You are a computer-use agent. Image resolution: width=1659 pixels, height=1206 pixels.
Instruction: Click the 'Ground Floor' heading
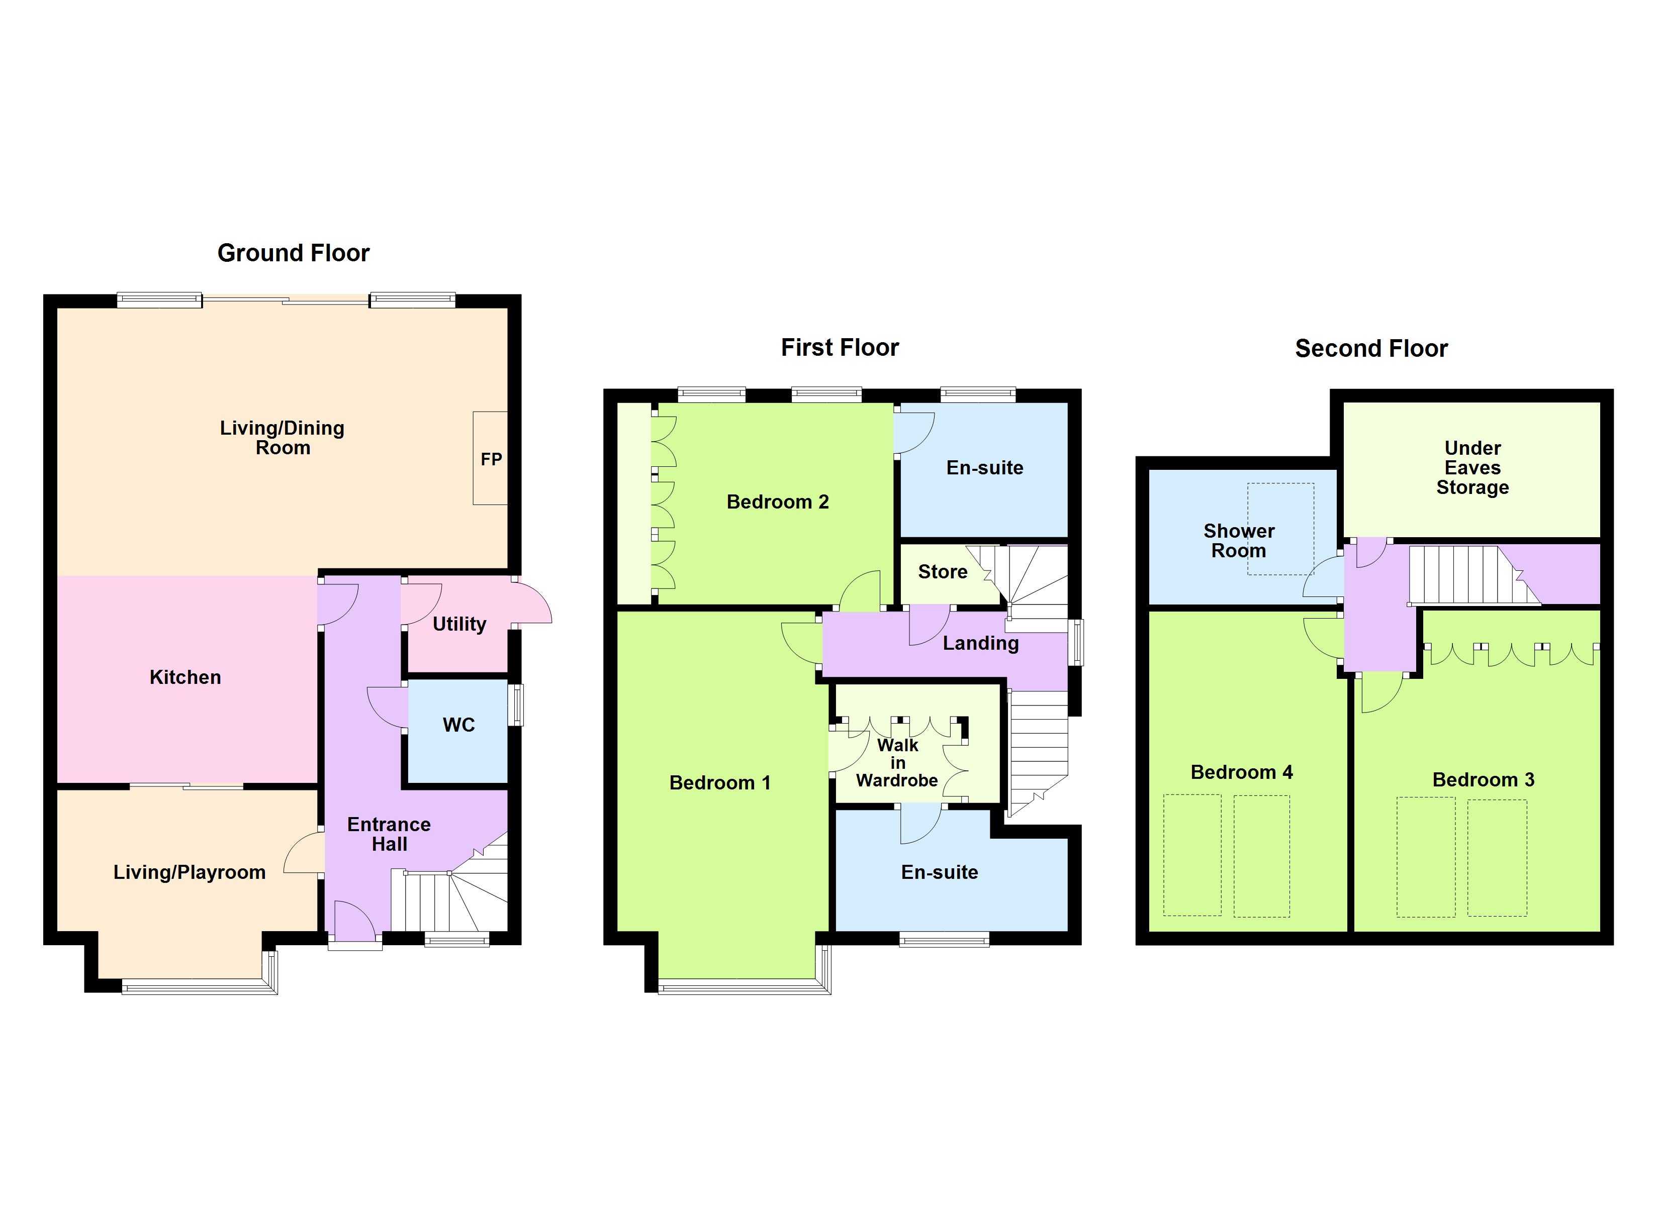(x=293, y=253)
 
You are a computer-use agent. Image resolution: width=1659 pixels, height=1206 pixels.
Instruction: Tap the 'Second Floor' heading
(x=1371, y=348)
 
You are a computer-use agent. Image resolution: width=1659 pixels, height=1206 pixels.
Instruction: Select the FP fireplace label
(x=491, y=459)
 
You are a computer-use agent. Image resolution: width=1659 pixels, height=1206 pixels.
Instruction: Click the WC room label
(x=458, y=725)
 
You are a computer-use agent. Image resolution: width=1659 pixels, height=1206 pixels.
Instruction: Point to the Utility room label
(x=459, y=624)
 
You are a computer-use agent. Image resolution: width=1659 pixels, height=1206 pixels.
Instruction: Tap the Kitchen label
(x=185, y=677)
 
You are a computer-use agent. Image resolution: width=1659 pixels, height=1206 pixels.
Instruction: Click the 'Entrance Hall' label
(x=389, y=834)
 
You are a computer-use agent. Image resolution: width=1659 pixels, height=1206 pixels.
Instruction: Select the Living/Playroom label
(x=190, y=872)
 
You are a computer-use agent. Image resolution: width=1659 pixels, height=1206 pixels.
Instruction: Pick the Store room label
(x=942, y=572)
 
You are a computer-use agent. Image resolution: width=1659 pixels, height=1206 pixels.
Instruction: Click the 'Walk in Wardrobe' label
(x=897, y=763)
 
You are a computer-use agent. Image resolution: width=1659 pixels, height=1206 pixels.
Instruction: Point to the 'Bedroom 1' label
(x=720, y=782)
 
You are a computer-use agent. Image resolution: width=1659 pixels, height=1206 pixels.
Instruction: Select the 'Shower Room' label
(x=1238, y=541)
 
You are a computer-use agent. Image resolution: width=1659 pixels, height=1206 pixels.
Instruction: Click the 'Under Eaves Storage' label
(x=1472, y=467)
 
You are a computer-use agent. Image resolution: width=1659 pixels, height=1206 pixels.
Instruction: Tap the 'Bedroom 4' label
(x=1241, y=772)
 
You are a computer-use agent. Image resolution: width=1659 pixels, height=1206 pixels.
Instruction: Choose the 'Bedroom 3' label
(x=1483, y=779)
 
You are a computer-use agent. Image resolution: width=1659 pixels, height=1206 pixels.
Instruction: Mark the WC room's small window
(x=516, y=705)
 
